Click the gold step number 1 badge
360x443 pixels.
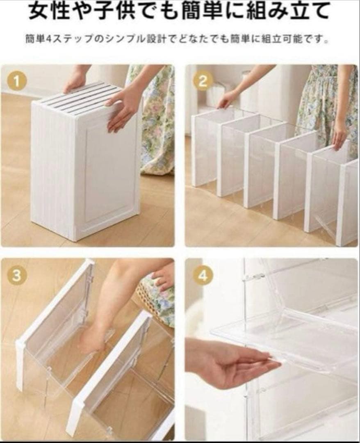point(17,82)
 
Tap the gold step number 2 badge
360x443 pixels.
point(202,81)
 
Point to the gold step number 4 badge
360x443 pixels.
point(202,276)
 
